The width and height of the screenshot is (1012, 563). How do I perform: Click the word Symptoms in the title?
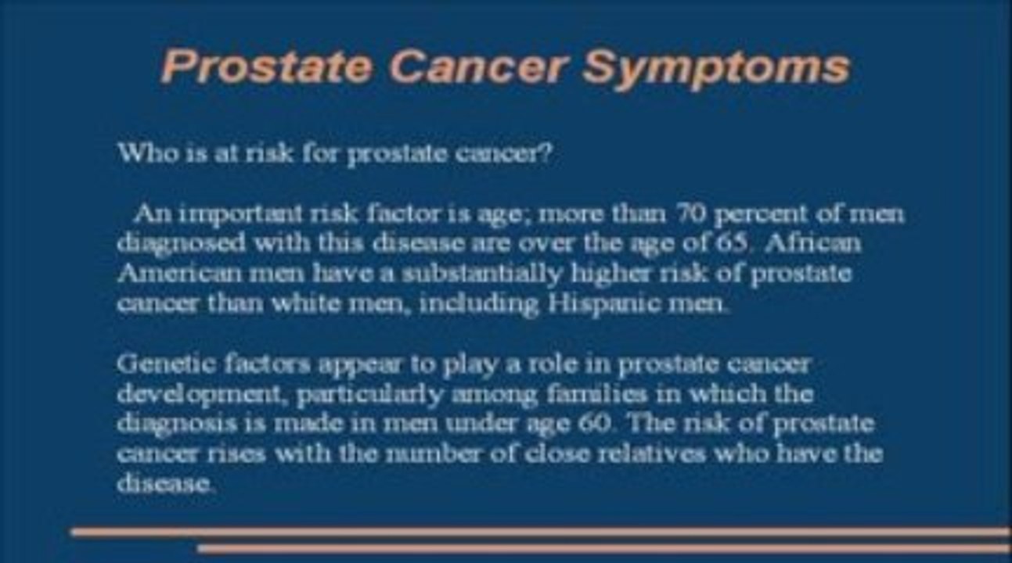tap(715, 67)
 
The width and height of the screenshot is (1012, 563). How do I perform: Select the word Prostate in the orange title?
tap(266, 67)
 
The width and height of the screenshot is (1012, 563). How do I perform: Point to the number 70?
tap(686, 213)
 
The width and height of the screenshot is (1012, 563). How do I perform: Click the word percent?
tap(765, 213)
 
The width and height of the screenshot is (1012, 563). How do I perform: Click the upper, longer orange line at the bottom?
tap(540, 533)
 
